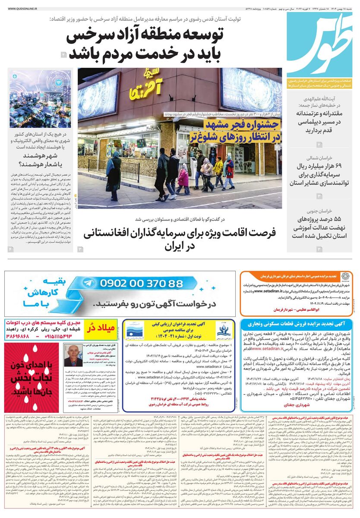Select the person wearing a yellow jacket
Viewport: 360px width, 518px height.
coord(219,168)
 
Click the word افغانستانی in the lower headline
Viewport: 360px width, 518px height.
coord(110,234)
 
